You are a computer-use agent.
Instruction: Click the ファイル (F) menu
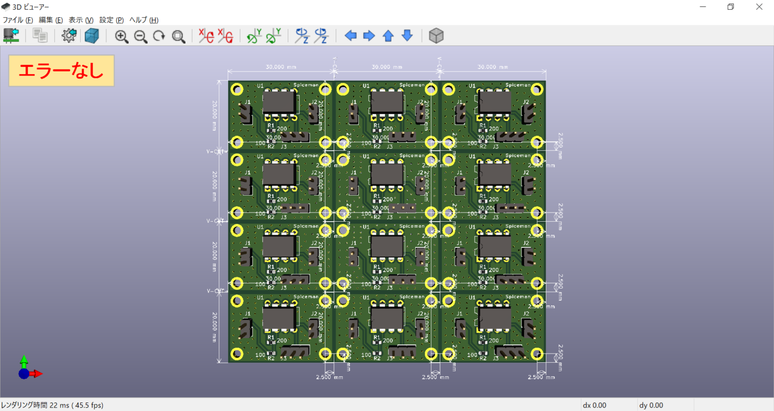tap(18, 20)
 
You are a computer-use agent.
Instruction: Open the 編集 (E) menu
tap(50, 20)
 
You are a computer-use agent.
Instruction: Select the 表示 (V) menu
tap(81, 20)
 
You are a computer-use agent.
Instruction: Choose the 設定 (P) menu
tap(111, 20)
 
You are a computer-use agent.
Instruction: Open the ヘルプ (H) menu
tap(144, 20)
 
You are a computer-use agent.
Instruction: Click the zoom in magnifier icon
tap(121, 36)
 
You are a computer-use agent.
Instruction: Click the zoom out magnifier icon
tap(141, 36)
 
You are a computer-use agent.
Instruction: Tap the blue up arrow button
tap(388, 36)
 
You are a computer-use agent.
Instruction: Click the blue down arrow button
tap(407, 36)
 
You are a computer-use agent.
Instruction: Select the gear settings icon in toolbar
tap(69, 36)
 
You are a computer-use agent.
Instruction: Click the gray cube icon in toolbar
tap(436, 36)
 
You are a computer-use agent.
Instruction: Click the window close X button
tap(759, 7)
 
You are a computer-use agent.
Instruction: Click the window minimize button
tap(702, 7)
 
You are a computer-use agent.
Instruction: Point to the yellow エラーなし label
tap(61, 71)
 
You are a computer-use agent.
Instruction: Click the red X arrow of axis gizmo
tap(38, 374)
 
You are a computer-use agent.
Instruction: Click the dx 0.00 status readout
tap(594, 405)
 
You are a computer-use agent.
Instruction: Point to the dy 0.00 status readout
tap(651, 405)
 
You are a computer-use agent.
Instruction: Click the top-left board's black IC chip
tap(279, 102)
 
